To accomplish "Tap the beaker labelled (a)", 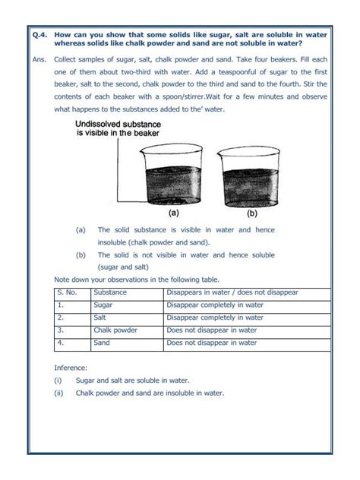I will tap(173, 178).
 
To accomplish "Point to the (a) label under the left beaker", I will tap(173, 213).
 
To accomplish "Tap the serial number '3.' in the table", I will tap(60, 330).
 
